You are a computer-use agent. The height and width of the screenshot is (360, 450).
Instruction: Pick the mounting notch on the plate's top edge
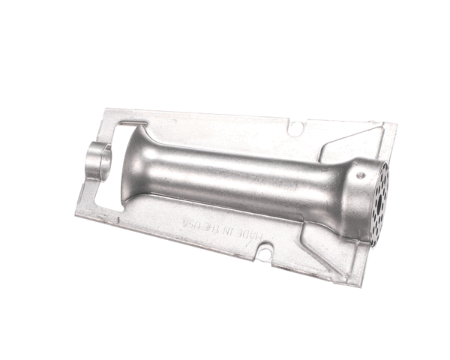click(297, 129)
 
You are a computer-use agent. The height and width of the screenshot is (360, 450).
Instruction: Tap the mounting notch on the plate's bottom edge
click(262, 253)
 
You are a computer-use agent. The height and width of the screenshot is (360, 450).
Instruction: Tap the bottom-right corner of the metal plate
click(358, 286)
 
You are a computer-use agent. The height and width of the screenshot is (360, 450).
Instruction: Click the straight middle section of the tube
click(240, 184)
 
